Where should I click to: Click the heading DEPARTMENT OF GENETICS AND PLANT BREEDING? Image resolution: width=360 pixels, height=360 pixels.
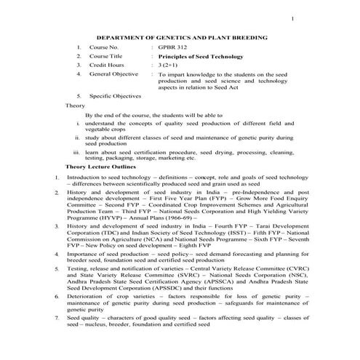point(182,36)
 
